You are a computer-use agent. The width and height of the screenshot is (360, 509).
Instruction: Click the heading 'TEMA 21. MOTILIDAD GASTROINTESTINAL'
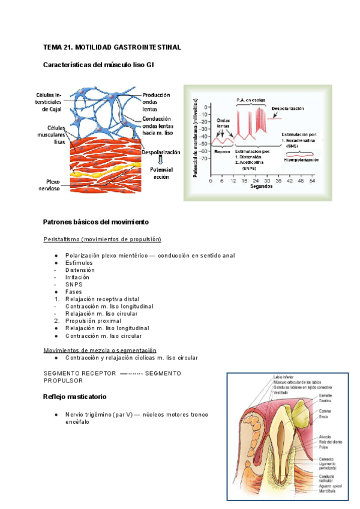tap(112, 47)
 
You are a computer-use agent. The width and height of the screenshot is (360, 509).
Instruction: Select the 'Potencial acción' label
tap(161, 173)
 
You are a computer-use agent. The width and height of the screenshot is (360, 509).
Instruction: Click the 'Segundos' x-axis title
tap(261, 187)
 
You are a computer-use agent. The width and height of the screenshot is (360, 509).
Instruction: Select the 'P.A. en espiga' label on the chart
tap(251, 100)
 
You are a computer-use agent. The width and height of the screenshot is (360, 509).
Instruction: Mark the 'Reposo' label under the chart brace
tap(221, 151)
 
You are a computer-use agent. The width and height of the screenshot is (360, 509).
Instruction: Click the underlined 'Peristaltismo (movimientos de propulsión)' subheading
tap(103, 239)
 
